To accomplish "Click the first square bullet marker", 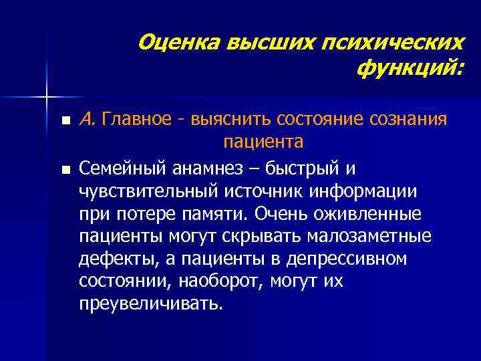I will (64, 122).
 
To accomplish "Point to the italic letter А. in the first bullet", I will (88, 120).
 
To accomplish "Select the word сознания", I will (408, 120).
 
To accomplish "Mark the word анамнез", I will (198, 167).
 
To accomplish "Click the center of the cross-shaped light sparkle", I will (46, 98).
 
